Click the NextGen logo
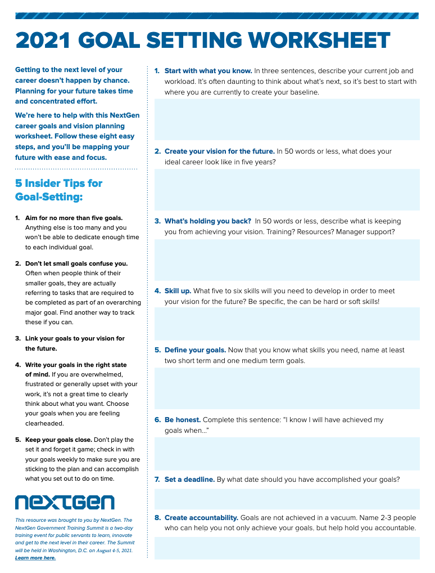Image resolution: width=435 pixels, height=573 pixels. point(64,502)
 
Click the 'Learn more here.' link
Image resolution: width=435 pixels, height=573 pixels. point(35,558)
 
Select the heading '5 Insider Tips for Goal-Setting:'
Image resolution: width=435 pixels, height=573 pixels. point(58,190)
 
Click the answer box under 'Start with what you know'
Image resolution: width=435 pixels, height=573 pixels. point(287,119)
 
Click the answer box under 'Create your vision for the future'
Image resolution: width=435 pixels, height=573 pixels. point(287,189)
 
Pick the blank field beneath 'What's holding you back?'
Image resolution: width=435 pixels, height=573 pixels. point(287,259)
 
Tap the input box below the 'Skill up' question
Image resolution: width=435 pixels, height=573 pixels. point(287,324)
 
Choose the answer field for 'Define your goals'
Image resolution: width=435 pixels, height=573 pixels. point(287,388)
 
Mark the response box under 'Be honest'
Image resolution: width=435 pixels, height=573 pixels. point(287,454)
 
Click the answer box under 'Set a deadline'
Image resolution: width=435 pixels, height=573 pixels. point(287,499)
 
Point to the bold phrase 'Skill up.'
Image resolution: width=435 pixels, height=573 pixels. point(178,291)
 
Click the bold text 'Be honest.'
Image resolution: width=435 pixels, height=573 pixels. point(182,420)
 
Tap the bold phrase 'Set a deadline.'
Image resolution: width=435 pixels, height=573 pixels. point(189,480)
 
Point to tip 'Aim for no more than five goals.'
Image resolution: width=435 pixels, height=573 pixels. point(74,218)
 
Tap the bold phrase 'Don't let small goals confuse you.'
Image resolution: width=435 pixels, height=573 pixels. point(76,263)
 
